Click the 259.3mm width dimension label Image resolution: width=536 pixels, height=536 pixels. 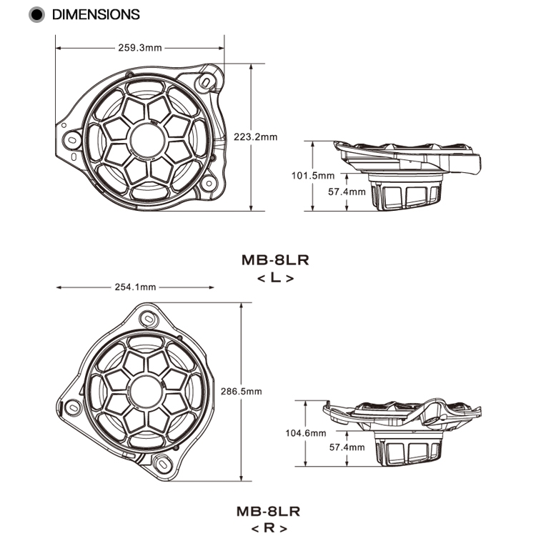[x=140, y=49]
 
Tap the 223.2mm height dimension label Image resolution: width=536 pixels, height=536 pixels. [x=255, y=137]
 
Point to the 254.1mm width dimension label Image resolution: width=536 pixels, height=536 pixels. [x=135, y=287]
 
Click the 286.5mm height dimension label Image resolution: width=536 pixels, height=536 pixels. [x=244, y=392]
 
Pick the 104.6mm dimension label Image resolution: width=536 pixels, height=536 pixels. [x=305, y=433]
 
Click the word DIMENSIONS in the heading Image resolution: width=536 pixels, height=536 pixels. [x=96, y=14]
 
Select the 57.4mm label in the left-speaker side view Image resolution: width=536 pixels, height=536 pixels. [x=347, y=192]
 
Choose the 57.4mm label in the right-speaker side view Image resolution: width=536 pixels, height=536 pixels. [x=347, y=447]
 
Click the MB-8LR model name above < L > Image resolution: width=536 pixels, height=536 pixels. [x=269, y=261]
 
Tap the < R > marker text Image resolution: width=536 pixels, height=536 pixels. [x=269, y=529]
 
